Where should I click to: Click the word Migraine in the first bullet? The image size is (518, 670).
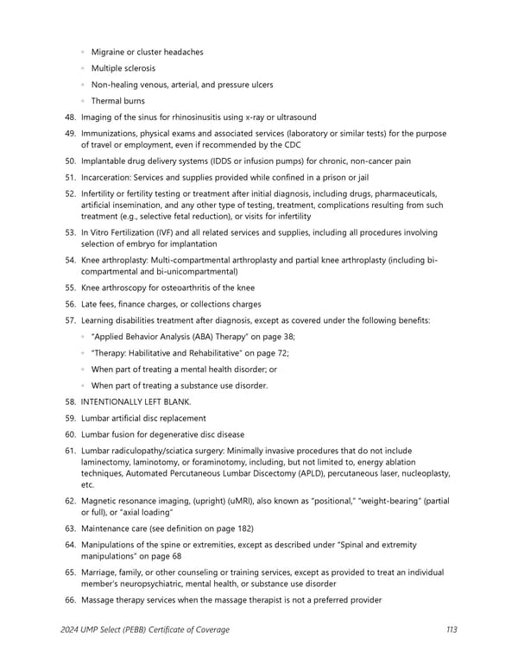click(x=111, y=52)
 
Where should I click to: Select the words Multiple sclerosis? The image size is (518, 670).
click(x=123, y=68)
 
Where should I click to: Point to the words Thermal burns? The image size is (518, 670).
click(x=117, y=101)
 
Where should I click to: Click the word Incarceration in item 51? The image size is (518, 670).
click(x=109, y=177)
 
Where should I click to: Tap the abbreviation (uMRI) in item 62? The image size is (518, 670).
click(x=232, y=501)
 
